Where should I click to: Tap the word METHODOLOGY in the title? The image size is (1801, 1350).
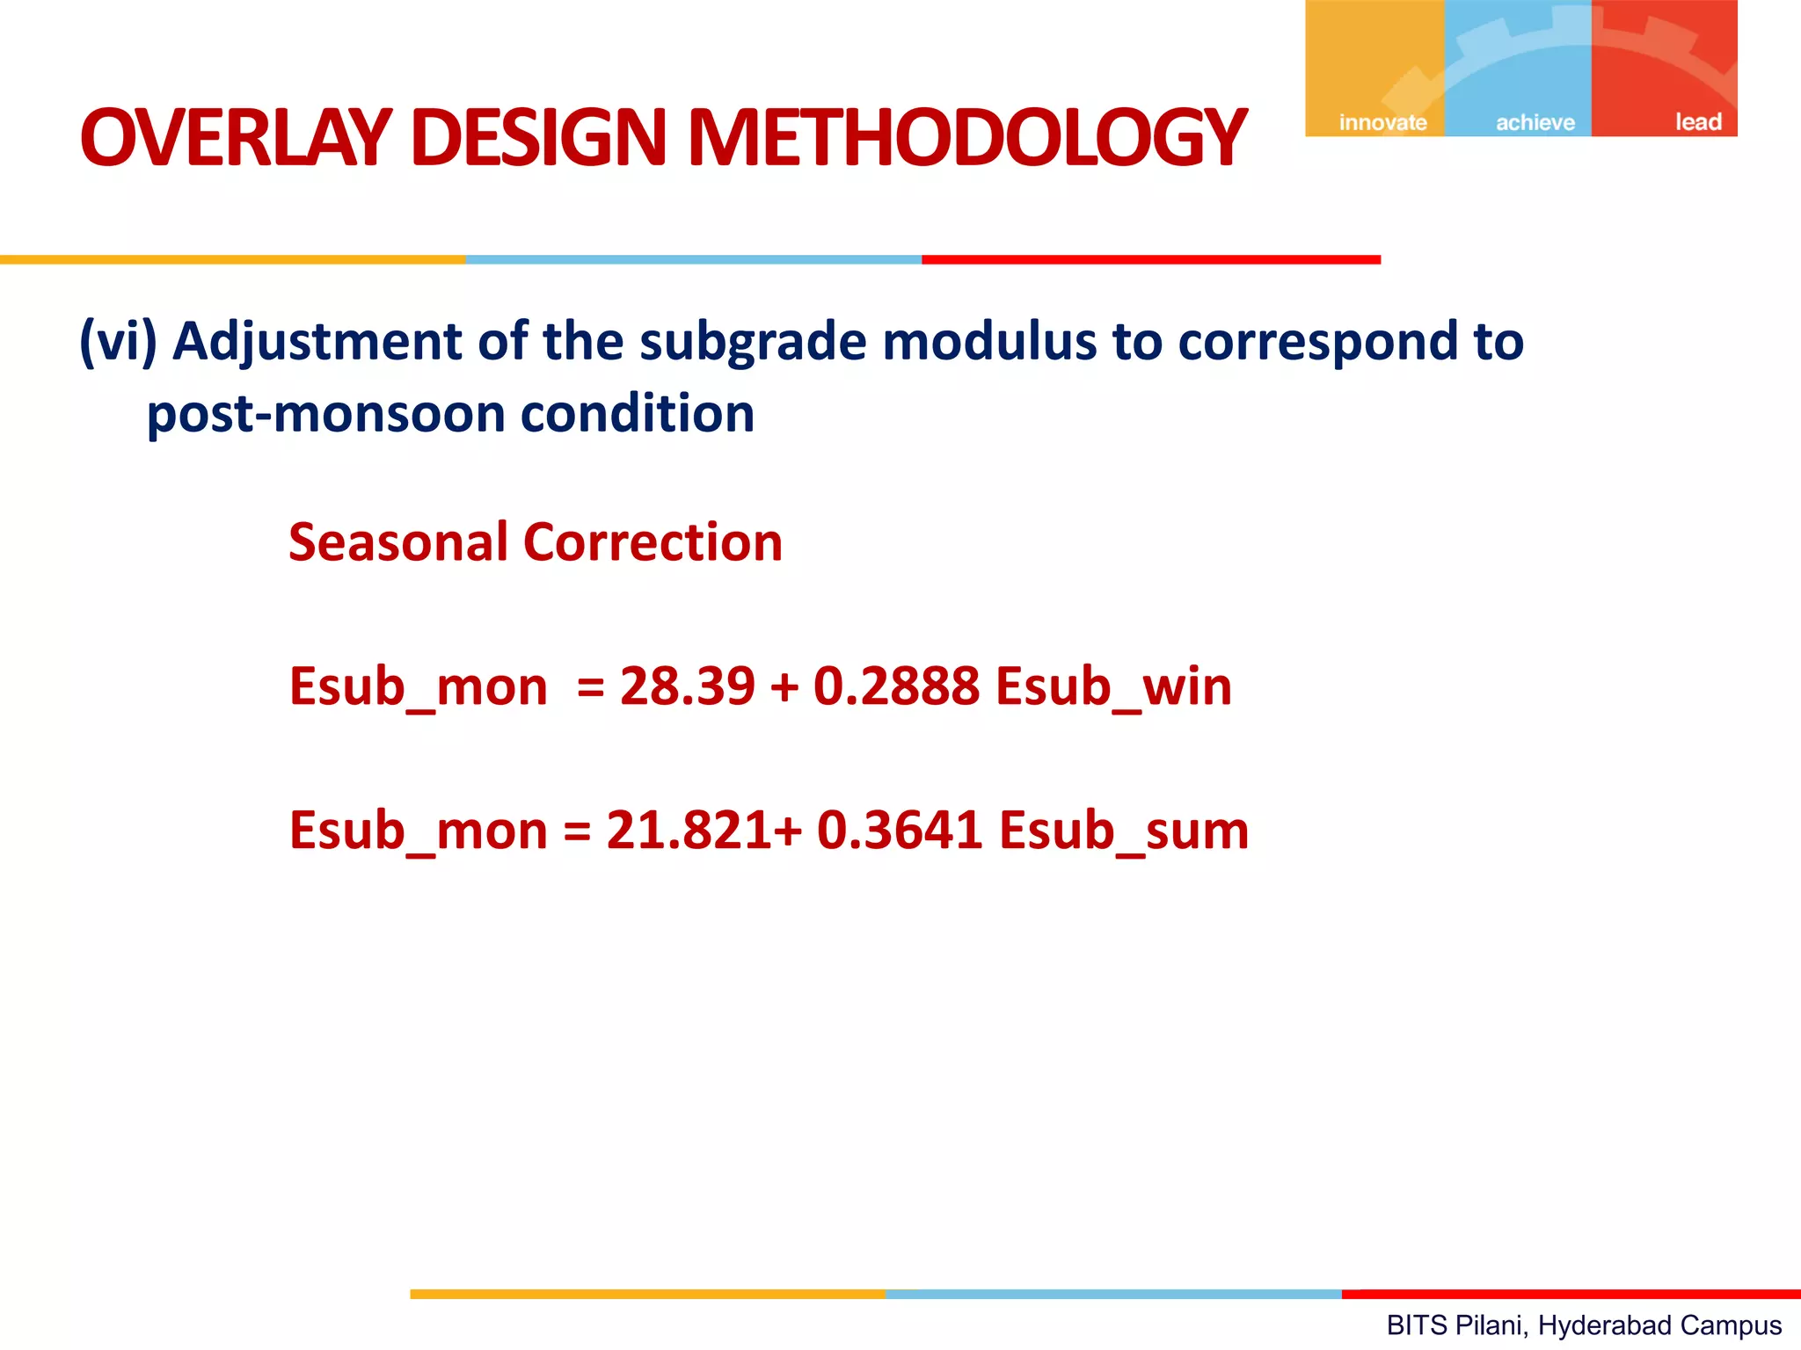point(966,138)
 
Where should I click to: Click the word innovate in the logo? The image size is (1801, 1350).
point(1382,122)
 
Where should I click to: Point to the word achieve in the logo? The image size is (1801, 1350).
point(1535,122)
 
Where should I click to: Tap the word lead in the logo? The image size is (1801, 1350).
point(1697,121)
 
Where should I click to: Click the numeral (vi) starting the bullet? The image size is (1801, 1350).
point(118,341)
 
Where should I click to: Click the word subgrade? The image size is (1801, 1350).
point(753,343)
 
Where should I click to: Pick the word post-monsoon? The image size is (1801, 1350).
point(325,415)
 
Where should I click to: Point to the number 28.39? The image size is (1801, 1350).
point(687,686)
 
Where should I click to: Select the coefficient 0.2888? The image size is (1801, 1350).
point(895,686)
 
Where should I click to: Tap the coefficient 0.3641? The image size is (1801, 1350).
point(899,831)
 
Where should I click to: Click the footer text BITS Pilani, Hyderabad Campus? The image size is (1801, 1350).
point(1583,1325)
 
